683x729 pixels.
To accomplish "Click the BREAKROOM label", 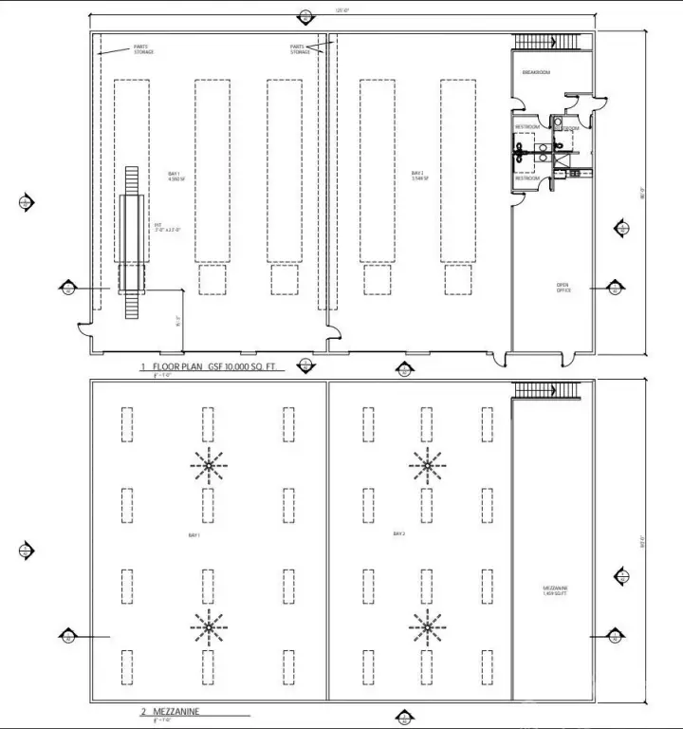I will pos(536,72).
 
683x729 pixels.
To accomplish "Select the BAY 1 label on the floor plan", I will pos(174,176).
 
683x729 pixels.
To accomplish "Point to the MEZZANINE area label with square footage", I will pos(555,590).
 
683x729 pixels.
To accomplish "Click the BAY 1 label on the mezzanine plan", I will pos(194,536).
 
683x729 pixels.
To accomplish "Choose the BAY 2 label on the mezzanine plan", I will pos(399,534).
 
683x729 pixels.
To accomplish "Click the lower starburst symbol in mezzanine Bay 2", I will pos(426,626).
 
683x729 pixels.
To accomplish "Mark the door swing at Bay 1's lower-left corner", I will pos(85,332).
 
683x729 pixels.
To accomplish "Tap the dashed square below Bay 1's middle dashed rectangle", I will pos(212,280).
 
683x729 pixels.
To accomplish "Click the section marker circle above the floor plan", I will pos(304,16).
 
